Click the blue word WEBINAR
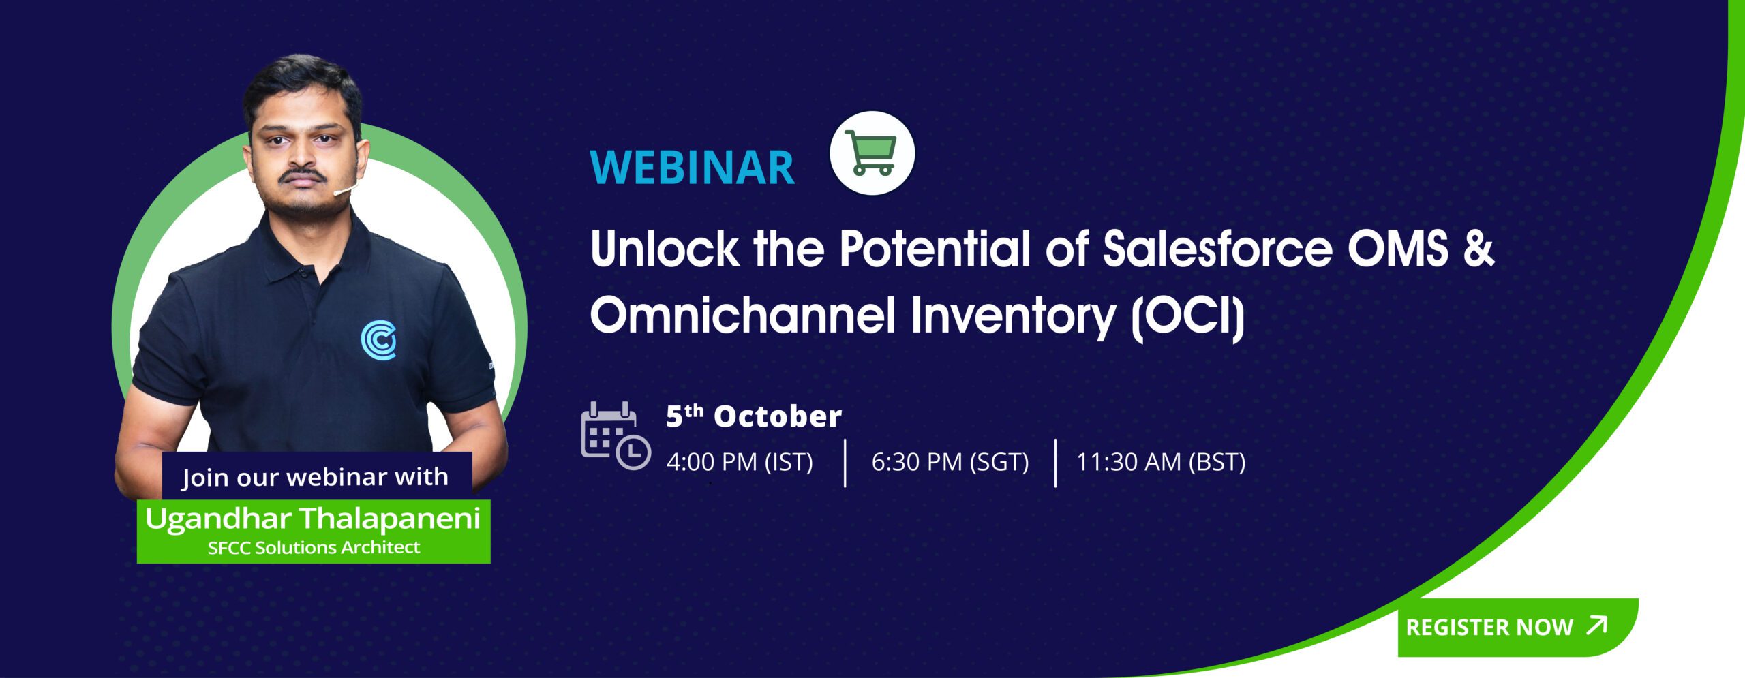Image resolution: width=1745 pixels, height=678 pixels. point(692,168)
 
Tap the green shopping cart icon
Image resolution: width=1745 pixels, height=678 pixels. point(872,153)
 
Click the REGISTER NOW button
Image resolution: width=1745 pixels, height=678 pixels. point(1517,627)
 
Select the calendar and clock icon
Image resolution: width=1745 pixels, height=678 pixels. point(616,435)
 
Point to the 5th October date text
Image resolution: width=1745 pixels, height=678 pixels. point(754,416)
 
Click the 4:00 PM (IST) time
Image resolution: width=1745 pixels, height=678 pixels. point(740,462)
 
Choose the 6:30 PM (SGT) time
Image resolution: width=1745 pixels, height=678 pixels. point(950,462)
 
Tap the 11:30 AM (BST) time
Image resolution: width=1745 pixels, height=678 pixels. point(1161,462)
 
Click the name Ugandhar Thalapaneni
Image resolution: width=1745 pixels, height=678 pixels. point(313,519)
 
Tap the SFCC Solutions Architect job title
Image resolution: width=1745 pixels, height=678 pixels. point(314,547)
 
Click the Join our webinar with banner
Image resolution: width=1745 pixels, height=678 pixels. point(316,476)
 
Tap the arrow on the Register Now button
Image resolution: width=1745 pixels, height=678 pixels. point(1597,625)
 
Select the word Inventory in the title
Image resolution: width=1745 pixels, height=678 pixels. point(1014,318)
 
